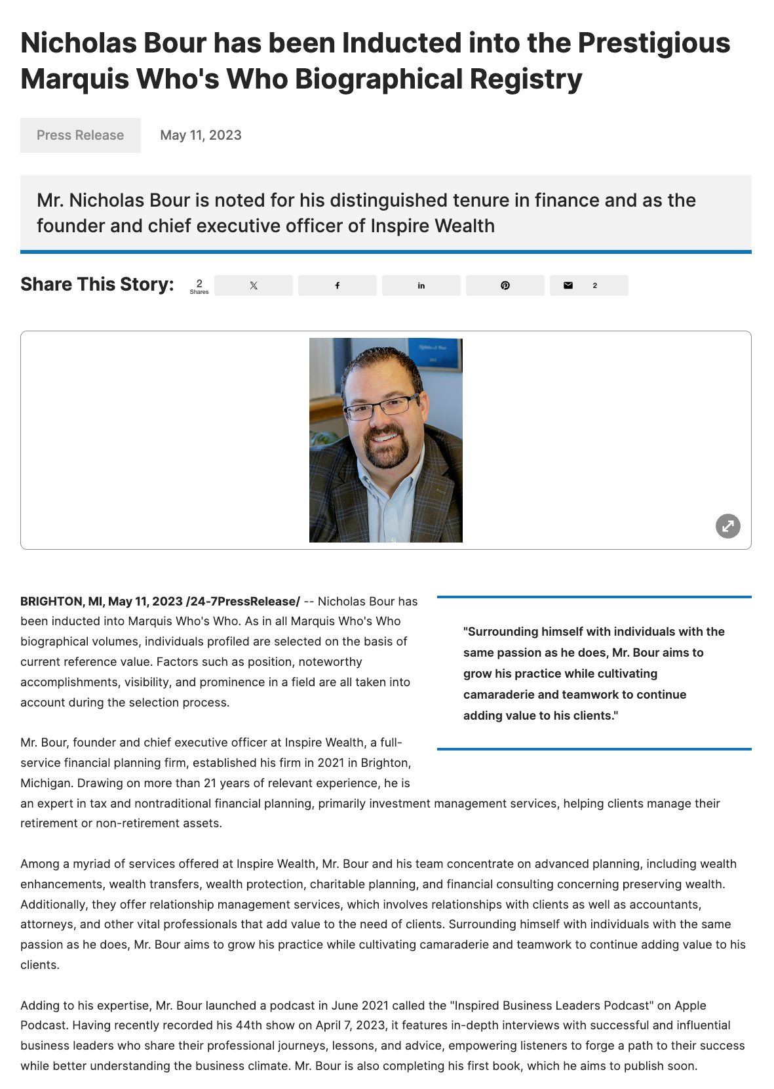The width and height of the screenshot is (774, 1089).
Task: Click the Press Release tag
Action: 80,135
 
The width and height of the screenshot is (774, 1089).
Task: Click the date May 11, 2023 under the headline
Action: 201,135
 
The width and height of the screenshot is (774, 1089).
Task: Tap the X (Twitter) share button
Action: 254,285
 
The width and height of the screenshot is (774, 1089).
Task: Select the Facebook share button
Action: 338,285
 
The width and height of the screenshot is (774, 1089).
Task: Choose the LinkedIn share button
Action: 421,285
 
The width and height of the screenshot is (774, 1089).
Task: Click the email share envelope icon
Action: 568,285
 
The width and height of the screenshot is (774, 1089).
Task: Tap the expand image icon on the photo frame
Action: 727,525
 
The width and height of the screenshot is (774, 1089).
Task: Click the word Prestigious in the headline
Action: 653,43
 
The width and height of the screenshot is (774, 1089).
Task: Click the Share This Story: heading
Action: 97,285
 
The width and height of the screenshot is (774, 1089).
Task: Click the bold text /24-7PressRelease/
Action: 243,601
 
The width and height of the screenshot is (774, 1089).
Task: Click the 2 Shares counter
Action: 199,286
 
